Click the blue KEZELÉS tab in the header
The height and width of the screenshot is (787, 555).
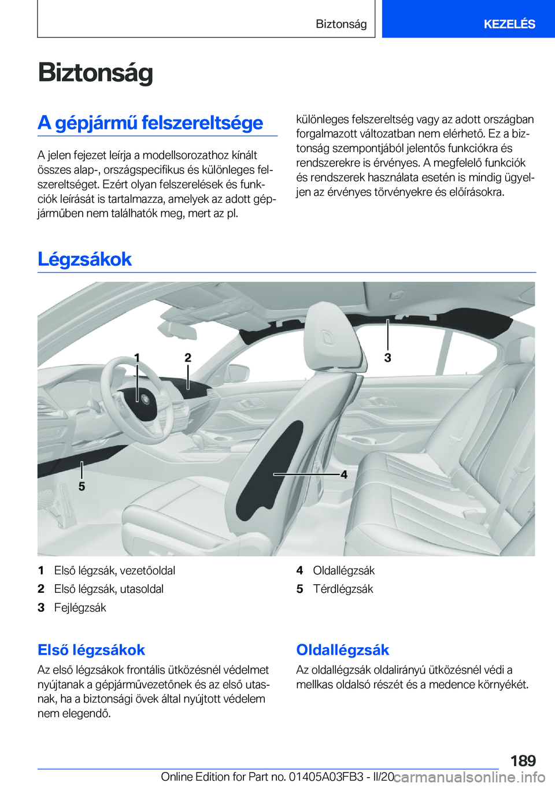tap(509, 24)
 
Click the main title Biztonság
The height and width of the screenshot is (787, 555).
tap(95, 73)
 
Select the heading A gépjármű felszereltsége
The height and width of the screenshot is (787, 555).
tap(150, 122)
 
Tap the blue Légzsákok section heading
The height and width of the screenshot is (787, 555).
tap(84, 259)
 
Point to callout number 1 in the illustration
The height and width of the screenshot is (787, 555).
tap(137, 358)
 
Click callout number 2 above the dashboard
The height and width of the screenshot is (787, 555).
tap(188, 358)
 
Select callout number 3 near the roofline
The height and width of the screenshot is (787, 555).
tap(388, 358)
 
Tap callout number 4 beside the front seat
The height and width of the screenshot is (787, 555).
tap(344, 474)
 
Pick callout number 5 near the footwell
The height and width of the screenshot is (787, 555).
tap(82, 487)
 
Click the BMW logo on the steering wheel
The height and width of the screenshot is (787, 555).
tap(144, 398)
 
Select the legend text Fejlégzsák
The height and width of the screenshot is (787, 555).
tap(80, 607)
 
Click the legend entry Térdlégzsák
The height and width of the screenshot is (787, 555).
tap(343, 589)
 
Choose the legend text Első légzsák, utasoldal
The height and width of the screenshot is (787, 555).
tap(109, 589)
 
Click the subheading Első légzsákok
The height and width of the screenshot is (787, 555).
tap(91, 650)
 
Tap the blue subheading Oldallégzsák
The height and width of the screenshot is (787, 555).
tap(343, 650)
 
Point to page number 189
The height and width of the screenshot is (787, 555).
tap(523, 760)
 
